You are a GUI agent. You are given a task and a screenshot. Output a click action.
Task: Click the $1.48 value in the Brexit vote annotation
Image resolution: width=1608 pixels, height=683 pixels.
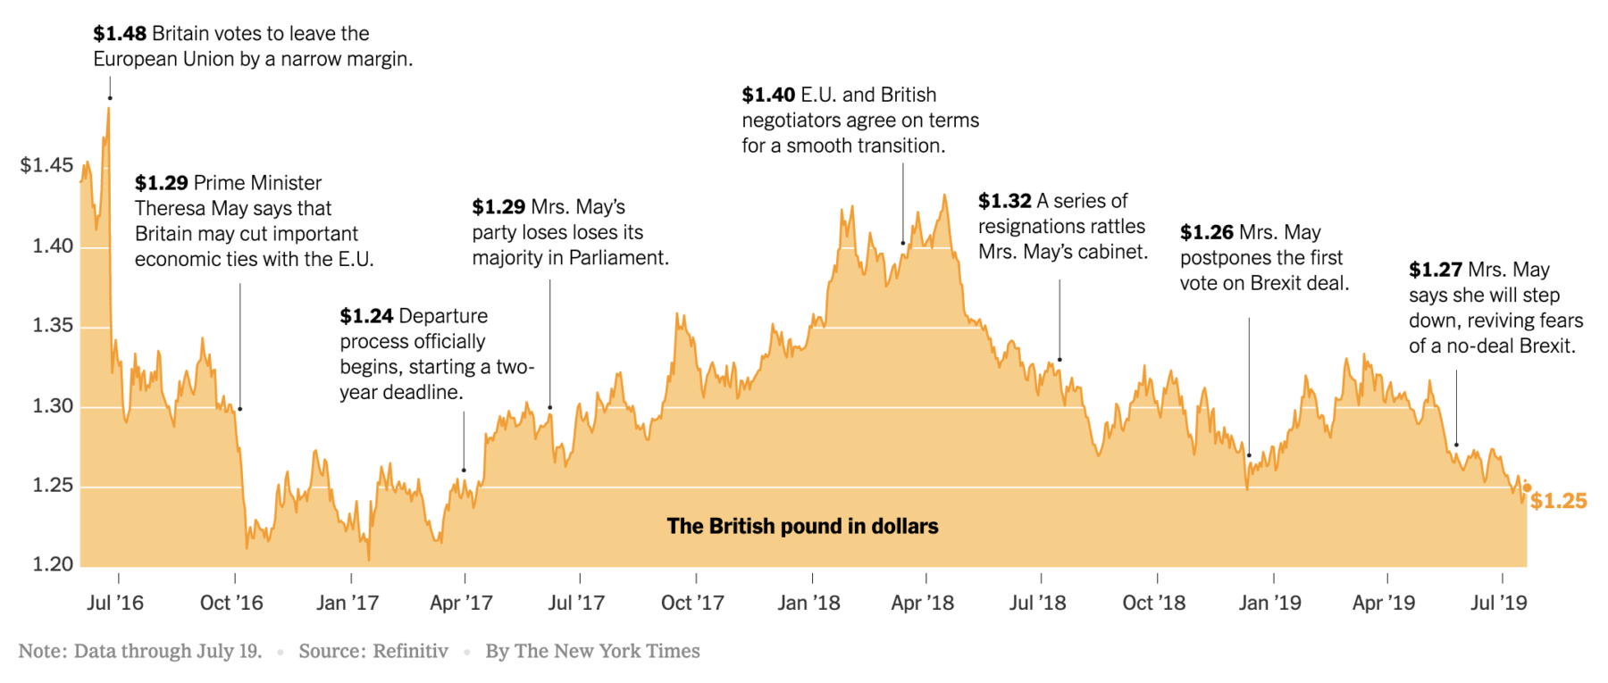pyautogui.click(x=119, y=34)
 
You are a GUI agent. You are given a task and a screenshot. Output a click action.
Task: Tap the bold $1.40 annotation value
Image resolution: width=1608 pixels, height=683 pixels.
pyautogui.click(x=767, y=96)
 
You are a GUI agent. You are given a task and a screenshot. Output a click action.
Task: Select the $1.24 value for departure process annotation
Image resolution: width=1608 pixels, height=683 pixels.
pyautogui.click(x=366, y=316)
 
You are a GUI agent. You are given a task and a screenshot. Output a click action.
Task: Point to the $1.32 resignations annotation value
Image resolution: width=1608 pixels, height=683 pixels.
pyautogui.click(x=1004, y=202)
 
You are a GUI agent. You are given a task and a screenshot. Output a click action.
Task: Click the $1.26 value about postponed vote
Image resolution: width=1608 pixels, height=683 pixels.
pyautogui.click(x=1206, y=233)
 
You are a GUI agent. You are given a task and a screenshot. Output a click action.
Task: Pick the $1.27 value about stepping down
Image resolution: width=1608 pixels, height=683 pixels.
pyautogui.click(x=1435, y=271)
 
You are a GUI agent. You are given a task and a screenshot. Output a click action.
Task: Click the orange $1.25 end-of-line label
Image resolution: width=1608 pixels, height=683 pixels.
pyautogui.click(x=1559, y=501)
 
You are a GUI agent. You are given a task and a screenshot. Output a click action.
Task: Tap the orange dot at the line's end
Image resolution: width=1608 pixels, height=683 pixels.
pyautogui.click(x=1527, y=487)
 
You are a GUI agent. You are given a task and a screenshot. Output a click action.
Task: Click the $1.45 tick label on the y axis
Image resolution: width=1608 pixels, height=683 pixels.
pyautogui.click(x=46, y=165)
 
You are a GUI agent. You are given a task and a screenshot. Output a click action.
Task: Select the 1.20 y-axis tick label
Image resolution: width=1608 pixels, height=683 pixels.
pyautogui.click(x=53, y=564)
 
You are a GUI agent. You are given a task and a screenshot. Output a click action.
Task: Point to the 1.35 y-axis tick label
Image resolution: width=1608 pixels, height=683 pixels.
pyautogui.click(x=53, y=325)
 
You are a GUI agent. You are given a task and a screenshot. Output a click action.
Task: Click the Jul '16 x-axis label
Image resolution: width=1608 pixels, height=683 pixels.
pyautogui.click(x=115, y=604)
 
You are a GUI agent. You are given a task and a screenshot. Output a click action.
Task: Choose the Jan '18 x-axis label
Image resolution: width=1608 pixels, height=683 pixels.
pyautogui.click(x=808, y=604)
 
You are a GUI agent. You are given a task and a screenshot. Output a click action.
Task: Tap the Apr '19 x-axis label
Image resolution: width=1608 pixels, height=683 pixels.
pyautogui.click(x=1384, y=604)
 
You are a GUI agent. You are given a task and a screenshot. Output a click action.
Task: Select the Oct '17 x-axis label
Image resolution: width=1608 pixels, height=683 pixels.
pyautogui.click(x=692, y=604)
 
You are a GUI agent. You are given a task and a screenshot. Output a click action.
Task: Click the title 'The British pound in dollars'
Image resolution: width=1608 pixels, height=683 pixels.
pyautogui.click(x=802, y=527)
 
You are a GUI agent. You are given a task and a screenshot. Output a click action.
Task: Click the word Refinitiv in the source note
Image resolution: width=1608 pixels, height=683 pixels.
pyautogui.click(x=410, y=652)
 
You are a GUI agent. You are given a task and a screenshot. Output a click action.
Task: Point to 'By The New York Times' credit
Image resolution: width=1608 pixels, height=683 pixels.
pyautogui.click(x=592, y=652)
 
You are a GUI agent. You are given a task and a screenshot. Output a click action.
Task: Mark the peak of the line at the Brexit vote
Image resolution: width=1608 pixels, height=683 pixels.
pyautogui.click(x=109, y=108)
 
